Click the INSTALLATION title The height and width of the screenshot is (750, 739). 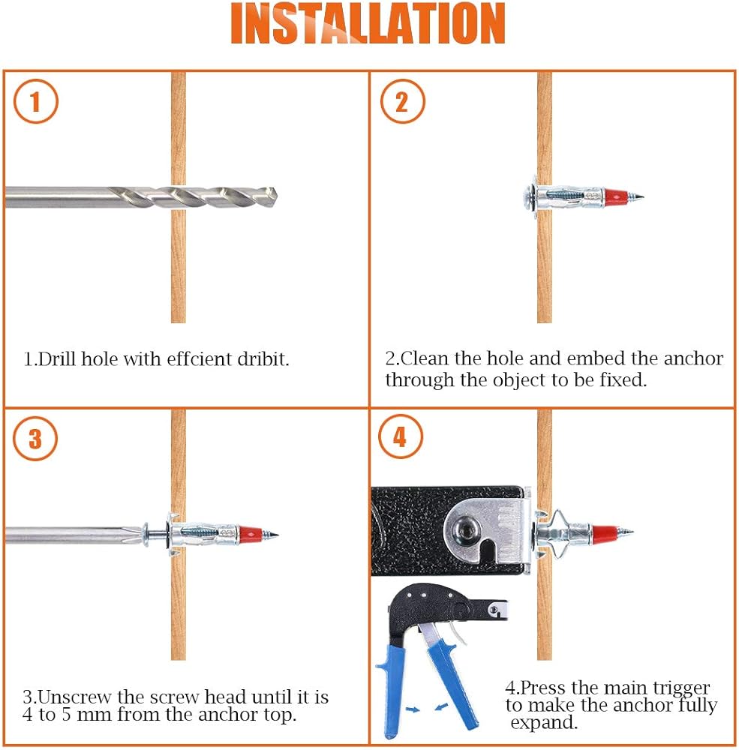pyautogui.click(x=368, y=23)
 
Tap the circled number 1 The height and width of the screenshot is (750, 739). pyautogui.click(x=35, y=101)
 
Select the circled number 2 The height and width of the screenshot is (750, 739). pyautogui.click(x=402, y=101)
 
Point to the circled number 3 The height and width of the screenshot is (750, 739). pyautogui.click(x=35, y=439)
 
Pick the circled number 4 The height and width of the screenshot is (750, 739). pyautogui.click(x=401, y=436)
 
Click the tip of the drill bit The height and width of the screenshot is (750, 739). pyautogui.click(x=277, y=197)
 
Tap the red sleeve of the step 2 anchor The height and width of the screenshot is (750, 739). pyautogui.click(x=616, y=196)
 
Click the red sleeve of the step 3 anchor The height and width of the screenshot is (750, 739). pyautogui.click(x=251, y=532)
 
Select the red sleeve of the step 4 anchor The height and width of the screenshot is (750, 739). pyautogui.click(x=605, y=532)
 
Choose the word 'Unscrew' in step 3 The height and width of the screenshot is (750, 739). pyautogui.click(x=75, y=697)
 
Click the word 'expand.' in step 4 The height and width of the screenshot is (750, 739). pyautogui.click(x=544, y=723)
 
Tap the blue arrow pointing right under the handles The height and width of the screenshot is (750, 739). pyautogui.click(x=412, y=709)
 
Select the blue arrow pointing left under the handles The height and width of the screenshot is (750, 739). pyautogui.click(x=442, y=706)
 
